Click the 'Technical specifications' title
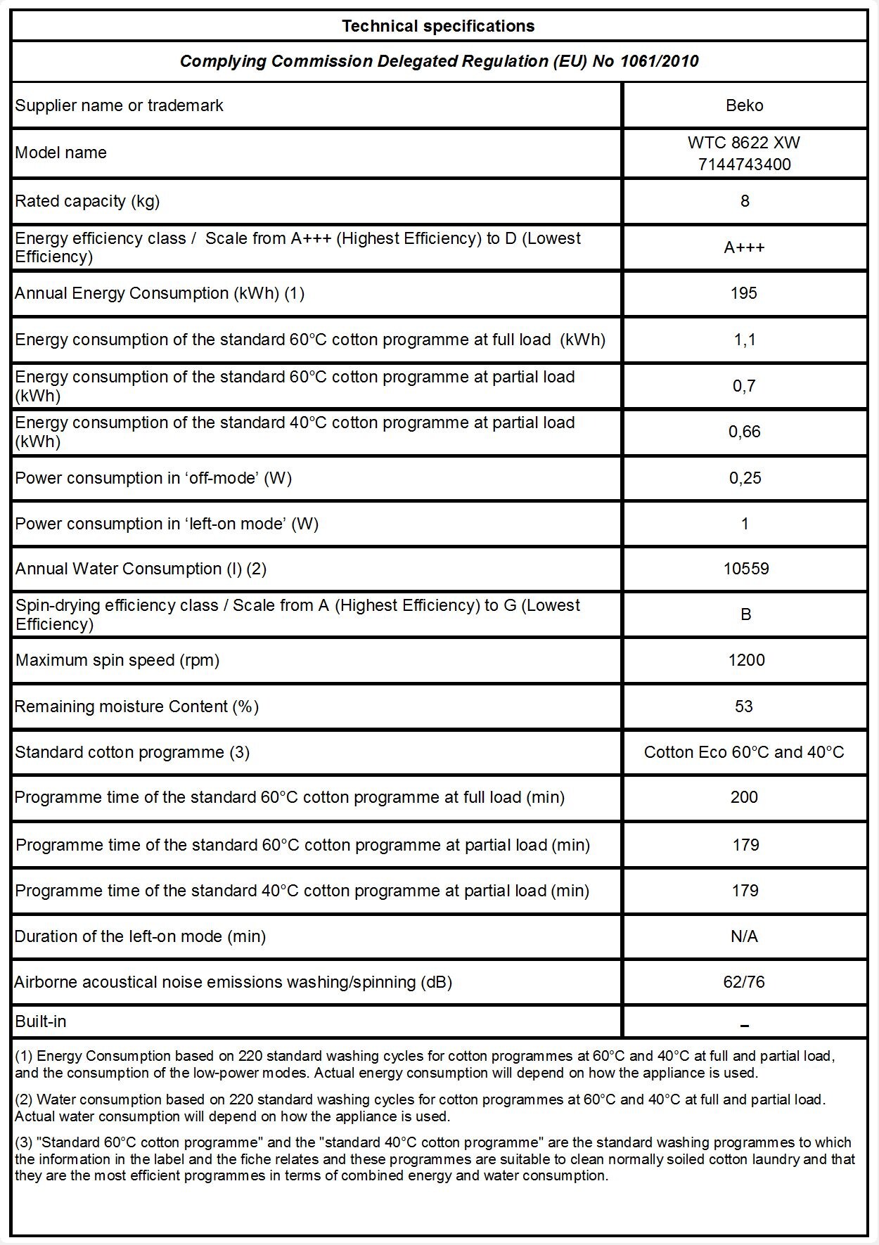pyautogui.click(x=438, y=26)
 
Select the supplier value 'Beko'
pyautogui.click(x=744, y=105)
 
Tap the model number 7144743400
pyautogui.click(x=744, y=165)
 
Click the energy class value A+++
pyautogui.click(x=744, y=247)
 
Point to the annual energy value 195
pyautogui.click(x=744, y=293)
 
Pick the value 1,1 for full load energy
pyautogui.click(x=744, y=340)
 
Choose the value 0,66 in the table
pyautogui.click(x=744, y=432)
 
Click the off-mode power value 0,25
pyautogui.click(x=745, y=478)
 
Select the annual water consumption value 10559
pyautogui.click(x=745, y=568)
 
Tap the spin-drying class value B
pyautogui.click(x=745, y=614)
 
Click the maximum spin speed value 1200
pyautogui.click(x=746, y=660)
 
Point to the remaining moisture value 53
pyautogui.click(x=744, y=707)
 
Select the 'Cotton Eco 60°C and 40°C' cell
pyautogui.click(x=744, y=752)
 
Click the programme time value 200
pyautogui.click(x=744, y=797)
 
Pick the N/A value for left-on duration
pyautogui.click(x=744, y=936)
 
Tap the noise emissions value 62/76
pyautogui.click(x=744, y=982)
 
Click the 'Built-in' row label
pyautogui.click(x=41, y=1021)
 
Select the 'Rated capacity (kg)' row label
pyautogui.click(x=87, y=201)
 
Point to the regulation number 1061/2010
pyautogui.click(x=659, y=61)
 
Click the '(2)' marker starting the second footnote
pyautogui.click(x=24, y=1099)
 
